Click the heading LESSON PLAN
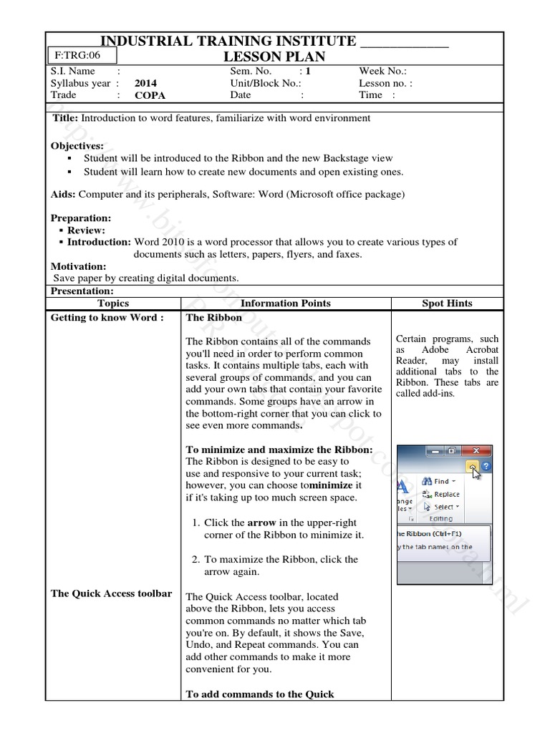click(275, 57)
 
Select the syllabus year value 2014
click(145, 83)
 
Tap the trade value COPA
click(150, 95)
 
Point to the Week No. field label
click(382, 71)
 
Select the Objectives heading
click(77, 145)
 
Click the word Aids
click(62, 194)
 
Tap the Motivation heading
click(78, 266)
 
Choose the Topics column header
click(113, 303)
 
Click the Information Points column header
click(285, 303)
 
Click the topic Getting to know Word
click(107, 317)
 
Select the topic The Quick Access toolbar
click(111, 593)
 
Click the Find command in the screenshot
click(440, 481)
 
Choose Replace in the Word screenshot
click(445, 494)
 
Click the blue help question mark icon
click(486, 466)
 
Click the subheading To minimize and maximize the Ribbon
click(279, 449)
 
